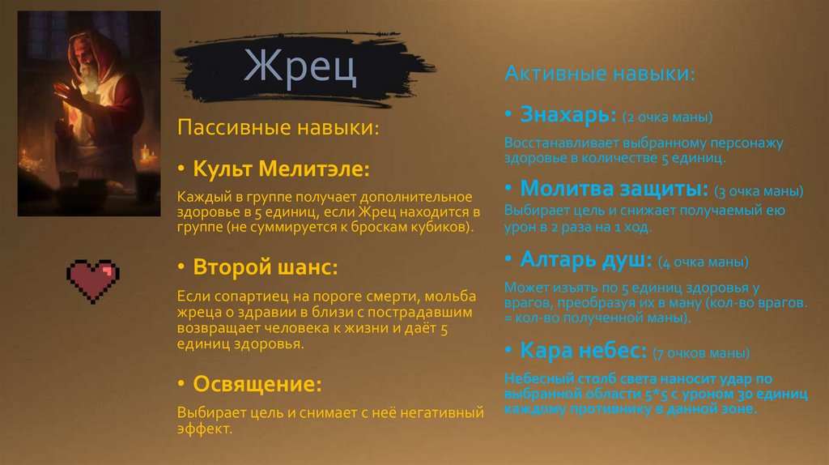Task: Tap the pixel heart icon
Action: [x=92, y=280]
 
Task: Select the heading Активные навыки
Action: [x=598, y=74]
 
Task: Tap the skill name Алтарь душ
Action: [x=586, y=260]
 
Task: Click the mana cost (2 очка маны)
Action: [x=668, y=117]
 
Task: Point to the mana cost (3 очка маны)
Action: [x=759, y=192]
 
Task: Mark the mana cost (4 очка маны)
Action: [x=703, y=262]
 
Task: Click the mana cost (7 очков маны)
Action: [x=703, y=354]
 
